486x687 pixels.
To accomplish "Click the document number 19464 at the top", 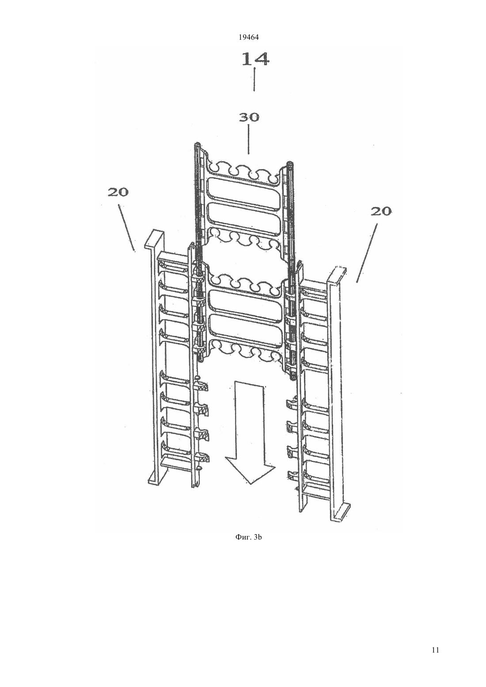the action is (248, 38).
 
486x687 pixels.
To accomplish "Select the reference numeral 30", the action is (249, 117).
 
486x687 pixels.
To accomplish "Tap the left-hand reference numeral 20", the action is (118, 193).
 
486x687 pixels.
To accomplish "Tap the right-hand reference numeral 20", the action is (381, 211).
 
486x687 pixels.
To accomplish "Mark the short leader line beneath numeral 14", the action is (254, 80).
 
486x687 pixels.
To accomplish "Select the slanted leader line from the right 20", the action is (367, 253).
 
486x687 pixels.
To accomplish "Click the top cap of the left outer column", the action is (154, 238).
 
